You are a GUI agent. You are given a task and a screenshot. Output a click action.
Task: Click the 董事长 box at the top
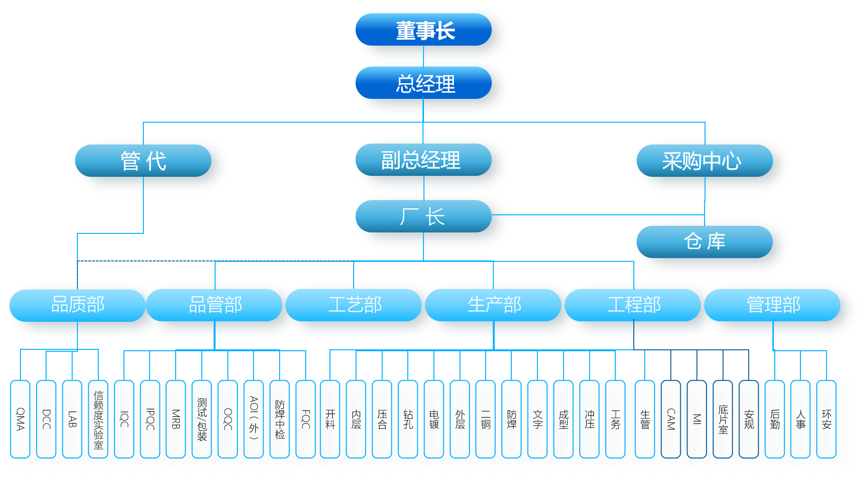pyautogui.click(x=424, y=30)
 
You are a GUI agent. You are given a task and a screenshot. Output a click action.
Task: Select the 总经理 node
pyautogui.click(x=424, y=83)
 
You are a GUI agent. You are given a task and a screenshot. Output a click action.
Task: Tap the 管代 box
pyautogui.click(x=143, y=161)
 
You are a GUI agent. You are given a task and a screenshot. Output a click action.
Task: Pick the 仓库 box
pyautogui.click(x=705, y=241)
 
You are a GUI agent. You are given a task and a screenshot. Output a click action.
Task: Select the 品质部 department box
pyautogui.click(x=77, y=305)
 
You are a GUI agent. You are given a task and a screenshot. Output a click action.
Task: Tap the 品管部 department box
pyautogui.click(x=215, y=305)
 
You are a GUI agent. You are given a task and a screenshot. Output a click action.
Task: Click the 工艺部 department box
pyautogui.click(x=354, y=305)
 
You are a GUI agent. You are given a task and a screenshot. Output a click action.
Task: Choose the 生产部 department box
pyautogui.click(x=494, y=305)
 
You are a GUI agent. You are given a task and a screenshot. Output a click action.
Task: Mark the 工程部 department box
pyautogui.click(x=633, y=305)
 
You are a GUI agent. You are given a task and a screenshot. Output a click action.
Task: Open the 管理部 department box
pyautogui.click(x=773, y=305)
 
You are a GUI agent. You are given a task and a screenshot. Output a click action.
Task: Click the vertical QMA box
pyautogui.click(x=20, y=419)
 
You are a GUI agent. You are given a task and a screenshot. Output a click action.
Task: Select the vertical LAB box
pyautogui.click(x=72, y=419)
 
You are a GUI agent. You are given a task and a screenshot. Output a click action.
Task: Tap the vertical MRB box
pyautogui.click(x=176, y=419)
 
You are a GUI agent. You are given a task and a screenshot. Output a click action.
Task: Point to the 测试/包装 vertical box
pyautogui.click(x=202, y=419)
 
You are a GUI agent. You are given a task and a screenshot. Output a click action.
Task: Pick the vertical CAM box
pyautogui.click(x=671, y=419)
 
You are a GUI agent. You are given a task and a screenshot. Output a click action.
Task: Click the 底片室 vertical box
pyautogui.click(x=723, y=419)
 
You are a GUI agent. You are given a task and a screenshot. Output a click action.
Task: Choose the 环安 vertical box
pyautogui.click(x=827, y=419)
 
